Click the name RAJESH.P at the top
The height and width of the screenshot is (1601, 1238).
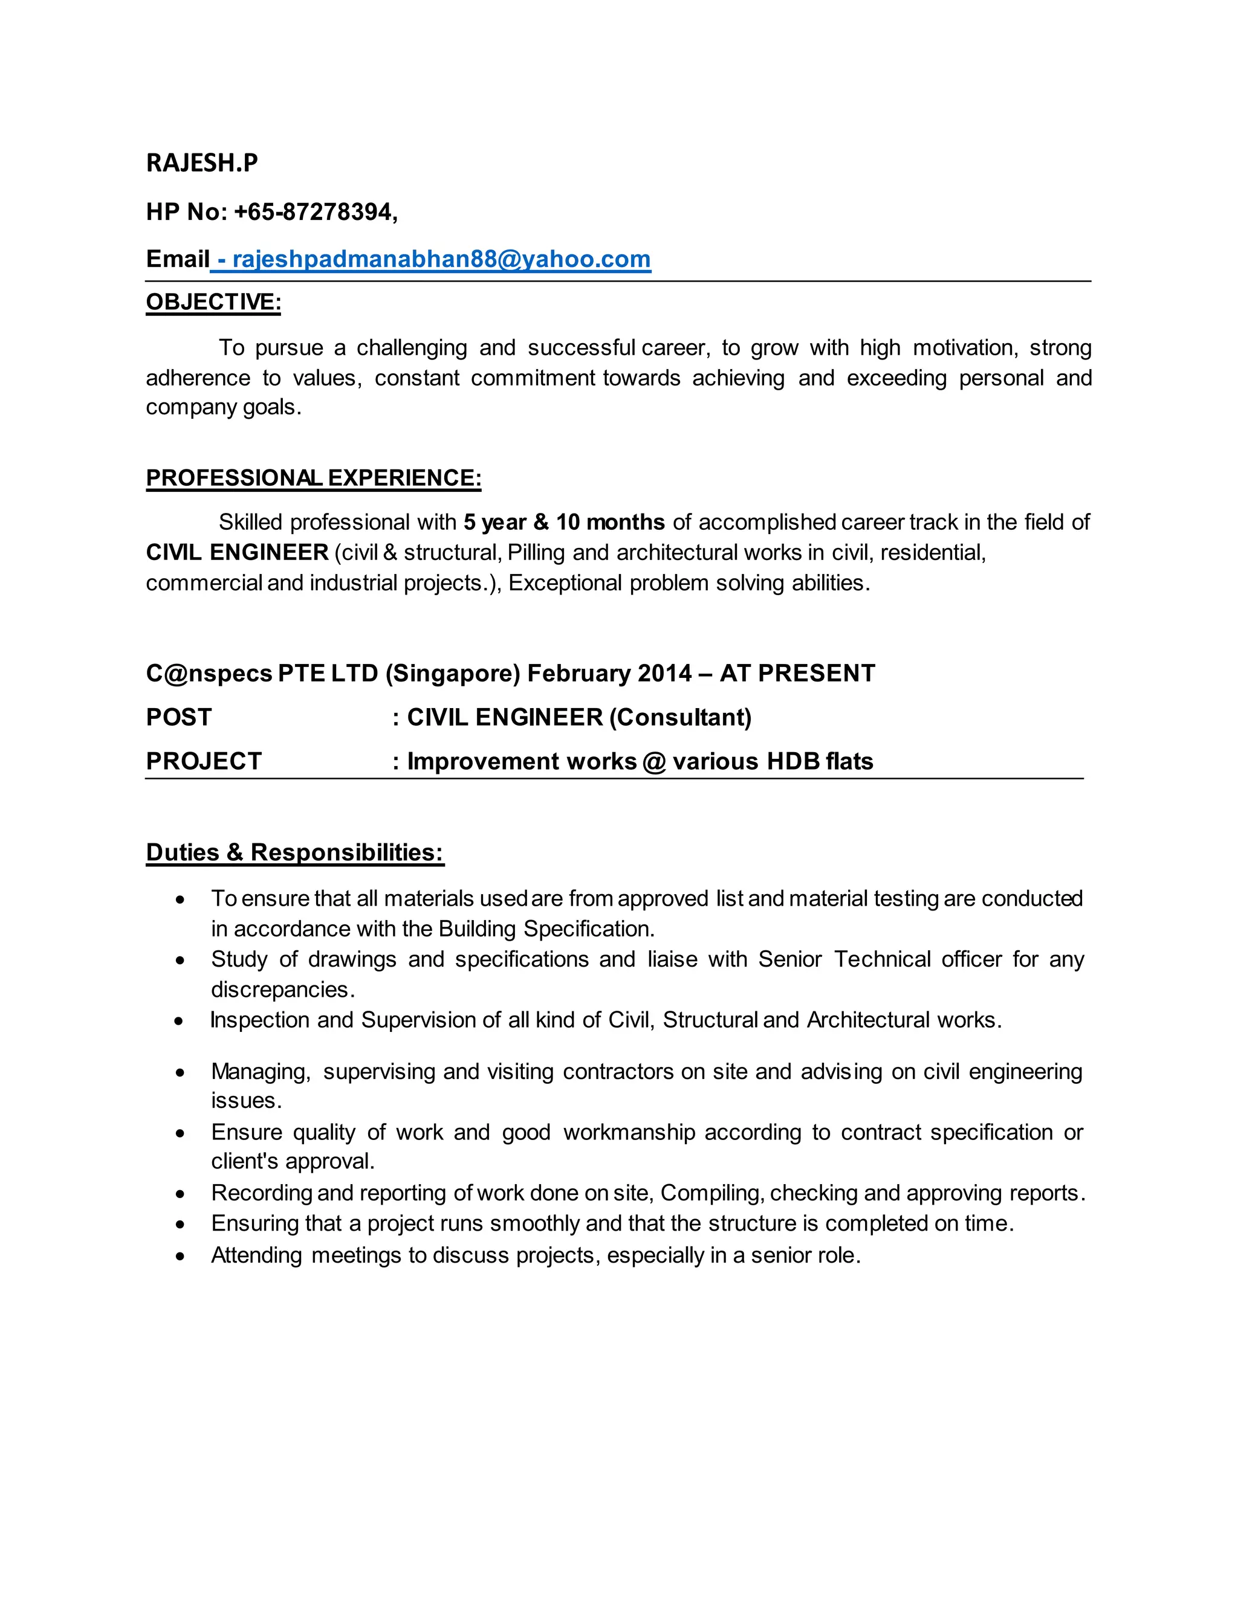[x=202, y=163]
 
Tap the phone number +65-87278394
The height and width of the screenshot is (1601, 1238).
[x=314, y=212]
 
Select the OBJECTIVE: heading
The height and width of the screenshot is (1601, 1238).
[x=213, y=302]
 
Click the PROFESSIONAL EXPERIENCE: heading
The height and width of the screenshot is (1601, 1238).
[x=313, y=478]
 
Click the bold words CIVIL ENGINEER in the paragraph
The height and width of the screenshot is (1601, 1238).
[x=237, y=552]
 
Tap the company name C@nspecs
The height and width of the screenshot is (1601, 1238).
[x=209, y=673]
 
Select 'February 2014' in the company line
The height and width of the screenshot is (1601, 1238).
[x=609, y=673]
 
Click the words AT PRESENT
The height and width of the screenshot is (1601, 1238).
[x=797, y=673]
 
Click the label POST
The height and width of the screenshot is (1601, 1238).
[x=179, y=717]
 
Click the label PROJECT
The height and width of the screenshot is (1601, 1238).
[x=204, y=761]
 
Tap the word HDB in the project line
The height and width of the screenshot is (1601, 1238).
[x=792, y=761]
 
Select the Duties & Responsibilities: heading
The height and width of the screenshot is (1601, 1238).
[x=295, y=852]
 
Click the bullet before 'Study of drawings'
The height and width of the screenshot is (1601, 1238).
[x=180, y=961]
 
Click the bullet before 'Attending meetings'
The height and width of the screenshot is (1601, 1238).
[x=180, y=1257]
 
